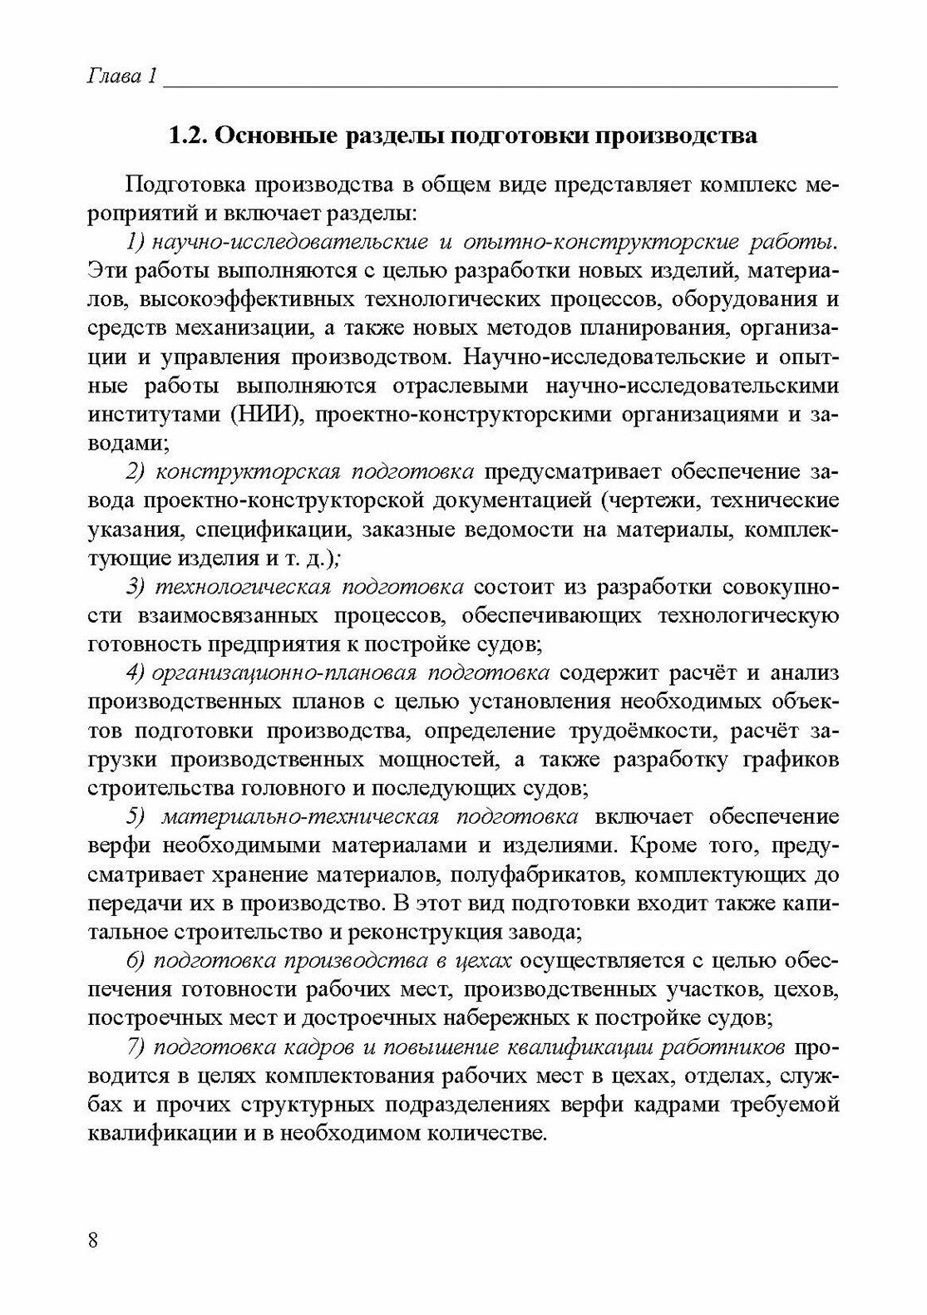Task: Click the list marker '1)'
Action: (x=136, y=242)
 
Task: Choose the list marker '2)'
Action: (x=136, y=472)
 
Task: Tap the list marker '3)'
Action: (x=136, y=587)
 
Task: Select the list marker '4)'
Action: (x=136, y=672)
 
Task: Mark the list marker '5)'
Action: (x=136, y=816)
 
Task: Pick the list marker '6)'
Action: (x=136, y=960)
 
